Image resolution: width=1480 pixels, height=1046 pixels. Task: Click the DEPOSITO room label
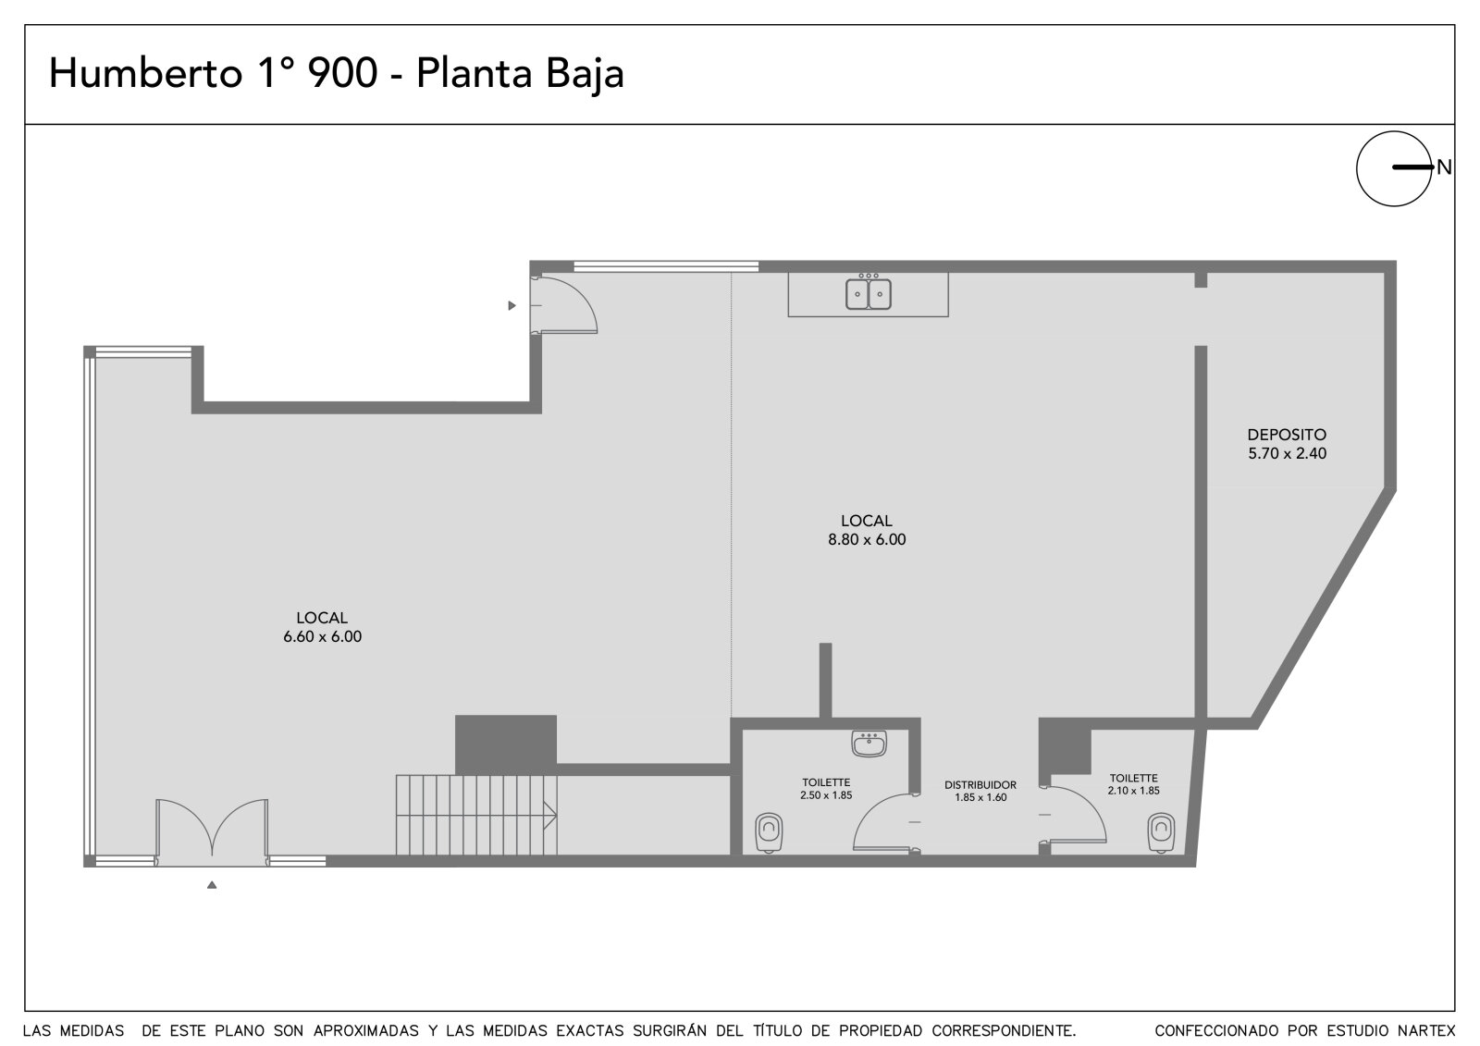[x=1287, y=435]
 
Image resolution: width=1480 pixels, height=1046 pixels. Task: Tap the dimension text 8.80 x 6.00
[x=867, y=539]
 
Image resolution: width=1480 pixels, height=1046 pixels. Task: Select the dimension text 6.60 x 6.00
[x=323, y=636]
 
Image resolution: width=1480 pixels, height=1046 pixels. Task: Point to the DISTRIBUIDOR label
[x=980, y=785]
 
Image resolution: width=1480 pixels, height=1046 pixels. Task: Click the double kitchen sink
[x=869, y=294]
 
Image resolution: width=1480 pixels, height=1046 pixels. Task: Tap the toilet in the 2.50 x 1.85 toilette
[x=769, y=832]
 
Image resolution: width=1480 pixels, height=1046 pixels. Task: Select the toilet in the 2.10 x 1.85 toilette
[x=1161, y=832]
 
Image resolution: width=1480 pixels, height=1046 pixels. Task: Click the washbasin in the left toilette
[x=869, y=744]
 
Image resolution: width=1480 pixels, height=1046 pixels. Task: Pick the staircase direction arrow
[x=549, y=816]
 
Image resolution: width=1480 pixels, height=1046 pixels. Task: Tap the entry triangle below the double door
[x=212, y=885]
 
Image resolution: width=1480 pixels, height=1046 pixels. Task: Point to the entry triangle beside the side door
[x=512, y=305]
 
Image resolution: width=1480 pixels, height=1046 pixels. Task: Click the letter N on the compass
[x=1444, y=167]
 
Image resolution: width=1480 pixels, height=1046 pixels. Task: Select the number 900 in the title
[x=342, y=73]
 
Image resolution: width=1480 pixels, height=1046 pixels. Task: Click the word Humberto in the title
[x=146, y=73]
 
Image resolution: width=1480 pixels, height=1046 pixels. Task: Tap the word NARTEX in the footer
[x=1426, y=1031]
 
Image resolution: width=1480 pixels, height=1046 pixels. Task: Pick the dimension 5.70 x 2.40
[x=1287, y=453]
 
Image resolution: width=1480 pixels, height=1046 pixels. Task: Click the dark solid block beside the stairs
[x=505, y=744]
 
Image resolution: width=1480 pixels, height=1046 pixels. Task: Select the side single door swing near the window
[x=564, y=305]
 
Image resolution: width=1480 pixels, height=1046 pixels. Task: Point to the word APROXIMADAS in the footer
[x=366, y=1031]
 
